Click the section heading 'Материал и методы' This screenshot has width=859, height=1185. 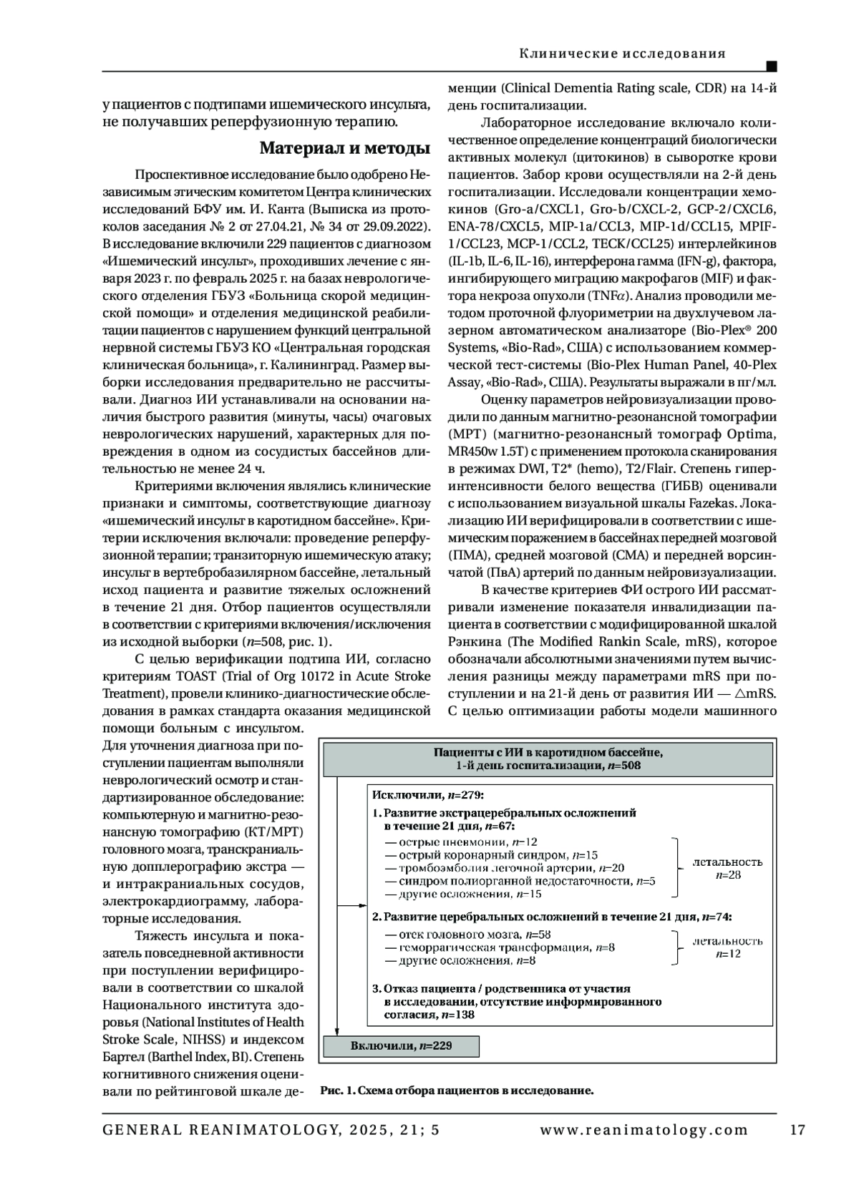tap(344, 148)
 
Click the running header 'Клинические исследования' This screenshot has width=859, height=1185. tap(622, 54)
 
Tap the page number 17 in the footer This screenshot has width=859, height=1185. tap(797, 1131)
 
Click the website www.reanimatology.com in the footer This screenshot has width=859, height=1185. tap(644, 1131)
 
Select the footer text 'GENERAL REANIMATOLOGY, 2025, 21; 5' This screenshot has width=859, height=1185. tap(271, 1131)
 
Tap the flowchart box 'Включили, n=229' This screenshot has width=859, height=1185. tap(402, 1045)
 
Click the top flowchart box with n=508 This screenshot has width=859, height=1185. tap(549, 759)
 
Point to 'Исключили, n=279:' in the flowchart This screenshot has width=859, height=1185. tap(428, 794)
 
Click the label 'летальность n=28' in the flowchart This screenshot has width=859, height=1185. tap(727, 869)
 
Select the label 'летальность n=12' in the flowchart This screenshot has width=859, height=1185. tap(727, 947)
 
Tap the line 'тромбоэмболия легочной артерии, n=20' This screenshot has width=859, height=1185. tap(504, 868)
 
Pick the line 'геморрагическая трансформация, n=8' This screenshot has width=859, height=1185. tap(500, 947)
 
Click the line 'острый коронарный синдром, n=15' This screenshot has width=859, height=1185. tap(491, 855)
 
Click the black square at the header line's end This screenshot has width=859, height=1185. tap(772, 67)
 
